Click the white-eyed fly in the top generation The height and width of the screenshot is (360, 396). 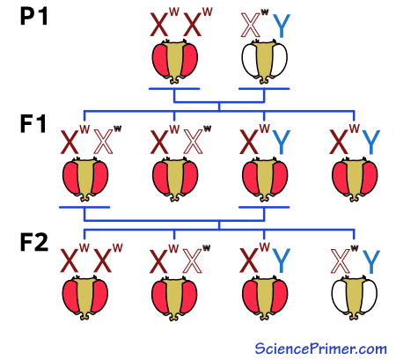[x=265, y=61]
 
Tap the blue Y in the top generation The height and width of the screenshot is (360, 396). [x=282, y=26]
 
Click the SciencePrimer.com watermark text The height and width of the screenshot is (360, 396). [x=320, y=349]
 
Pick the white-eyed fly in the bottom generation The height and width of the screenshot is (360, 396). [x=354, y=297]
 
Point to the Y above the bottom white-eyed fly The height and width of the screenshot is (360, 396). [x=371, y=261]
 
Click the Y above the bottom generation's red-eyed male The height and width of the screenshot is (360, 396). [x=282, y=261]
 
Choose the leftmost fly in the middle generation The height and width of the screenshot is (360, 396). [x=85, y=178]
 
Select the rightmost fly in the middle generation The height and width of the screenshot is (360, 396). [x=354, y=178]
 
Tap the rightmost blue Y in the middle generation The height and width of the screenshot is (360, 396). [x=371, y=143]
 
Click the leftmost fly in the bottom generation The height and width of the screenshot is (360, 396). [x=85, y=297]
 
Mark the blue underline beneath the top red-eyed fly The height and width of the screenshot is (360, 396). [x=174, y=88]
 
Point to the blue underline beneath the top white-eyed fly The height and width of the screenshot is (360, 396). [x=264, y=88]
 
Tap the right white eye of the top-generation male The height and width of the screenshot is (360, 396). [x=278, y=61]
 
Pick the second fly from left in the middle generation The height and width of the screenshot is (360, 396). [x=175, y=178]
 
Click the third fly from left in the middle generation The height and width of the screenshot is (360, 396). [x=264, y=178]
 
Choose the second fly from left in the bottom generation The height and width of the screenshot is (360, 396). [x=175, y=297]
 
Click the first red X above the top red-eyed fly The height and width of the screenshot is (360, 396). [x=161, y=26]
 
